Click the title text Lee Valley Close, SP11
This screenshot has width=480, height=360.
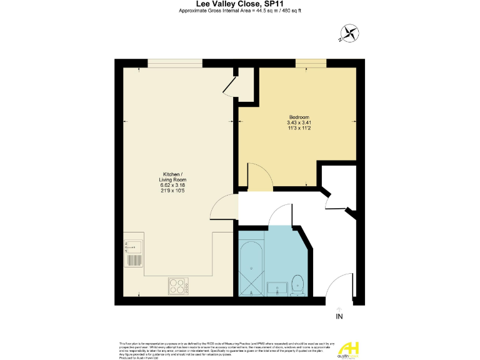click(240, 4)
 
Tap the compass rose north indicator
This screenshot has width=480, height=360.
click(348, 33)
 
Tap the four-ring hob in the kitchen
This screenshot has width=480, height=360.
click(179, 286)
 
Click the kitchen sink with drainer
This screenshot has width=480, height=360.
click(133, 252)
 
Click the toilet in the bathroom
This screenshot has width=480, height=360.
click(298, 284)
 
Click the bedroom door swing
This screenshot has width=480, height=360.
click(259, 177)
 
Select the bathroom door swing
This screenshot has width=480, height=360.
click(279, 216)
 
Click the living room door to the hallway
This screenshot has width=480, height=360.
click(225, 206)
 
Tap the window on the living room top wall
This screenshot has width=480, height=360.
click(174, 62)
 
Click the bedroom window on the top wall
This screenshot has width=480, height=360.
click(311, 62)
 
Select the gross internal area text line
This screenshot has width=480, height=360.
click(240, 11)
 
